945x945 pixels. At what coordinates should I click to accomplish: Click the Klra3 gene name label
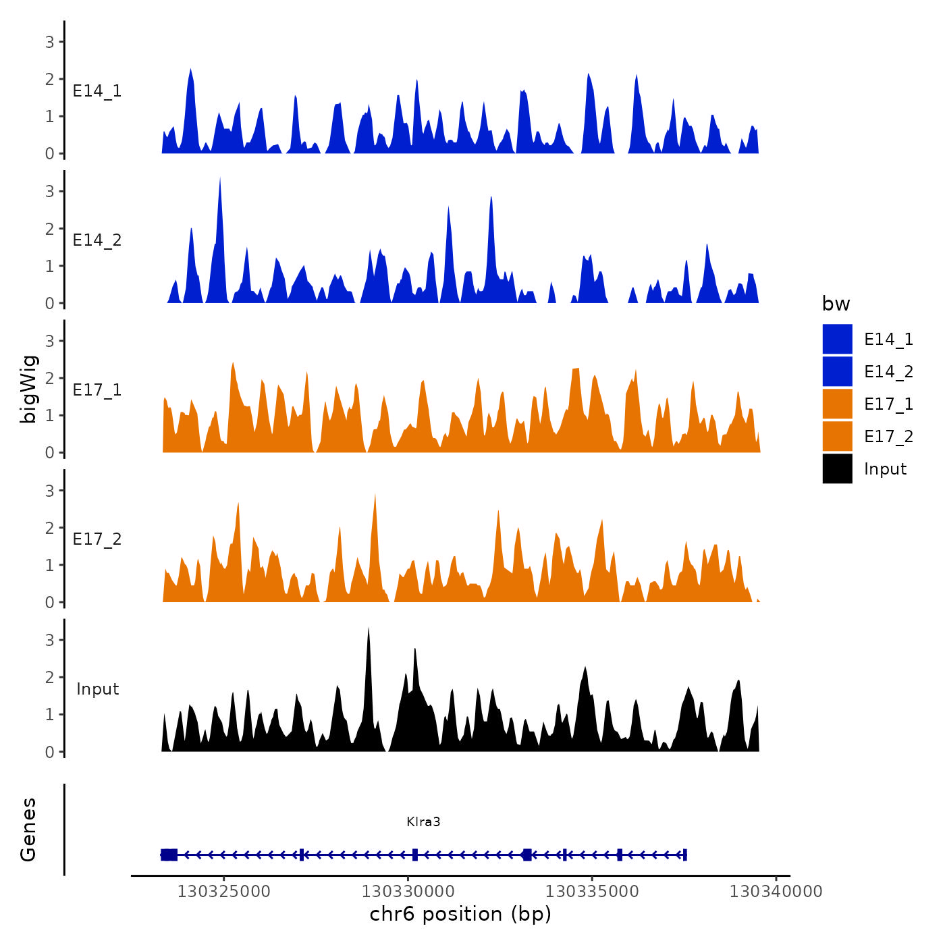[423, 821]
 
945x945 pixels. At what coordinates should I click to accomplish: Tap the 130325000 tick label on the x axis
[223, 891]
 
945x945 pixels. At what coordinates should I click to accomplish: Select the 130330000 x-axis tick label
[408, 891]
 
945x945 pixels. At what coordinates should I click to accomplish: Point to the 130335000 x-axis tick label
[592, 891]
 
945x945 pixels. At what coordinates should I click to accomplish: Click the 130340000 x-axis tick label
[776, 891]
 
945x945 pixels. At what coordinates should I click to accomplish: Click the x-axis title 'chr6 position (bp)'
[460, 914]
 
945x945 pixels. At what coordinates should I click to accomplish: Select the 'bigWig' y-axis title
[28, 389]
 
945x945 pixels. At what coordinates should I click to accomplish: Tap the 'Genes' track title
[28, 830]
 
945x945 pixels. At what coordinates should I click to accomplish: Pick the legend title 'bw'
[836, 304]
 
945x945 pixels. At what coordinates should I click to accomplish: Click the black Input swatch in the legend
[837, 468]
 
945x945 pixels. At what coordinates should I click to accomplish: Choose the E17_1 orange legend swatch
[837, 404]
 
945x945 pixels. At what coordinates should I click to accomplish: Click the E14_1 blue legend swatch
[837, 339]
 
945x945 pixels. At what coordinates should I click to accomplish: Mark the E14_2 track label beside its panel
[97, 240]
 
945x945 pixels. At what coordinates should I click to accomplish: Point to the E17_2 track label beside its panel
[97, 539]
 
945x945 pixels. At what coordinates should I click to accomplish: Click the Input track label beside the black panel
[97, 688]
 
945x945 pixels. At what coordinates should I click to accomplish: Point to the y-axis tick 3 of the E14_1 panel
[50, 42]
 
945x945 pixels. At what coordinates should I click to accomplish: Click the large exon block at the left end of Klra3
[169, 855]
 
